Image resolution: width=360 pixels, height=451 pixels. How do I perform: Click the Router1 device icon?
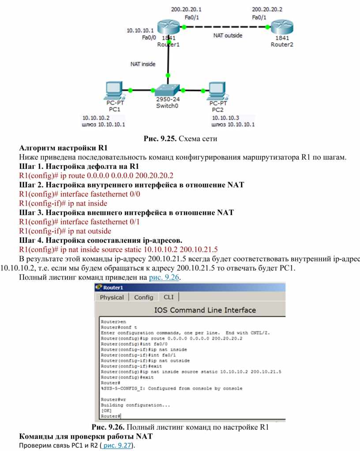coord(169,27)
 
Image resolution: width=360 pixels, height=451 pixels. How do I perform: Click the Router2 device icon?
coord(282,27)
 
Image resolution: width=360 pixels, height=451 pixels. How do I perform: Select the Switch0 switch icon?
coord(167,90)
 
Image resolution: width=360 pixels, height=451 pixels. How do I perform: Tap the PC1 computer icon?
coord(115,90)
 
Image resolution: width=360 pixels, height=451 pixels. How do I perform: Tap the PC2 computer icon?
coord(217,91)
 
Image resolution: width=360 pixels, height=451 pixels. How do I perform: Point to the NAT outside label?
coord(228,35)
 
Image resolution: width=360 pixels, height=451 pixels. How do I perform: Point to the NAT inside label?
coord(143,64)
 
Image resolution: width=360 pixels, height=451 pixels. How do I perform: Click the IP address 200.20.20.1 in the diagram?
coord(186,9)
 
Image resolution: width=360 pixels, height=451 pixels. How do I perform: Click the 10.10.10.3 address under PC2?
coord(225,118)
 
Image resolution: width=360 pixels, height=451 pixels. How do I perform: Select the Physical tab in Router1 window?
coord(112,298)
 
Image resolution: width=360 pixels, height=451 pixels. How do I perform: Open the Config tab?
coord(143,298)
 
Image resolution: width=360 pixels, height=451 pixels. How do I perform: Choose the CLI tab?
coord(169,297)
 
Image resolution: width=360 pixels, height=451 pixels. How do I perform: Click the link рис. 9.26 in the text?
coord(164,277)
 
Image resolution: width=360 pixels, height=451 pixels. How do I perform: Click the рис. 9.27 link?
coord(117,445)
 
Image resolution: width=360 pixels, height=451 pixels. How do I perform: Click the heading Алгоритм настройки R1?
coord(64,148)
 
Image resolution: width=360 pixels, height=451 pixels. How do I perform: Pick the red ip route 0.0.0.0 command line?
coord(96,175)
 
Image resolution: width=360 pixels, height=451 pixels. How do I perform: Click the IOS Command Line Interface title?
coord(205,310)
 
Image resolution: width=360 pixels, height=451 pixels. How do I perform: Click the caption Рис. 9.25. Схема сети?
coord(180,138)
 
